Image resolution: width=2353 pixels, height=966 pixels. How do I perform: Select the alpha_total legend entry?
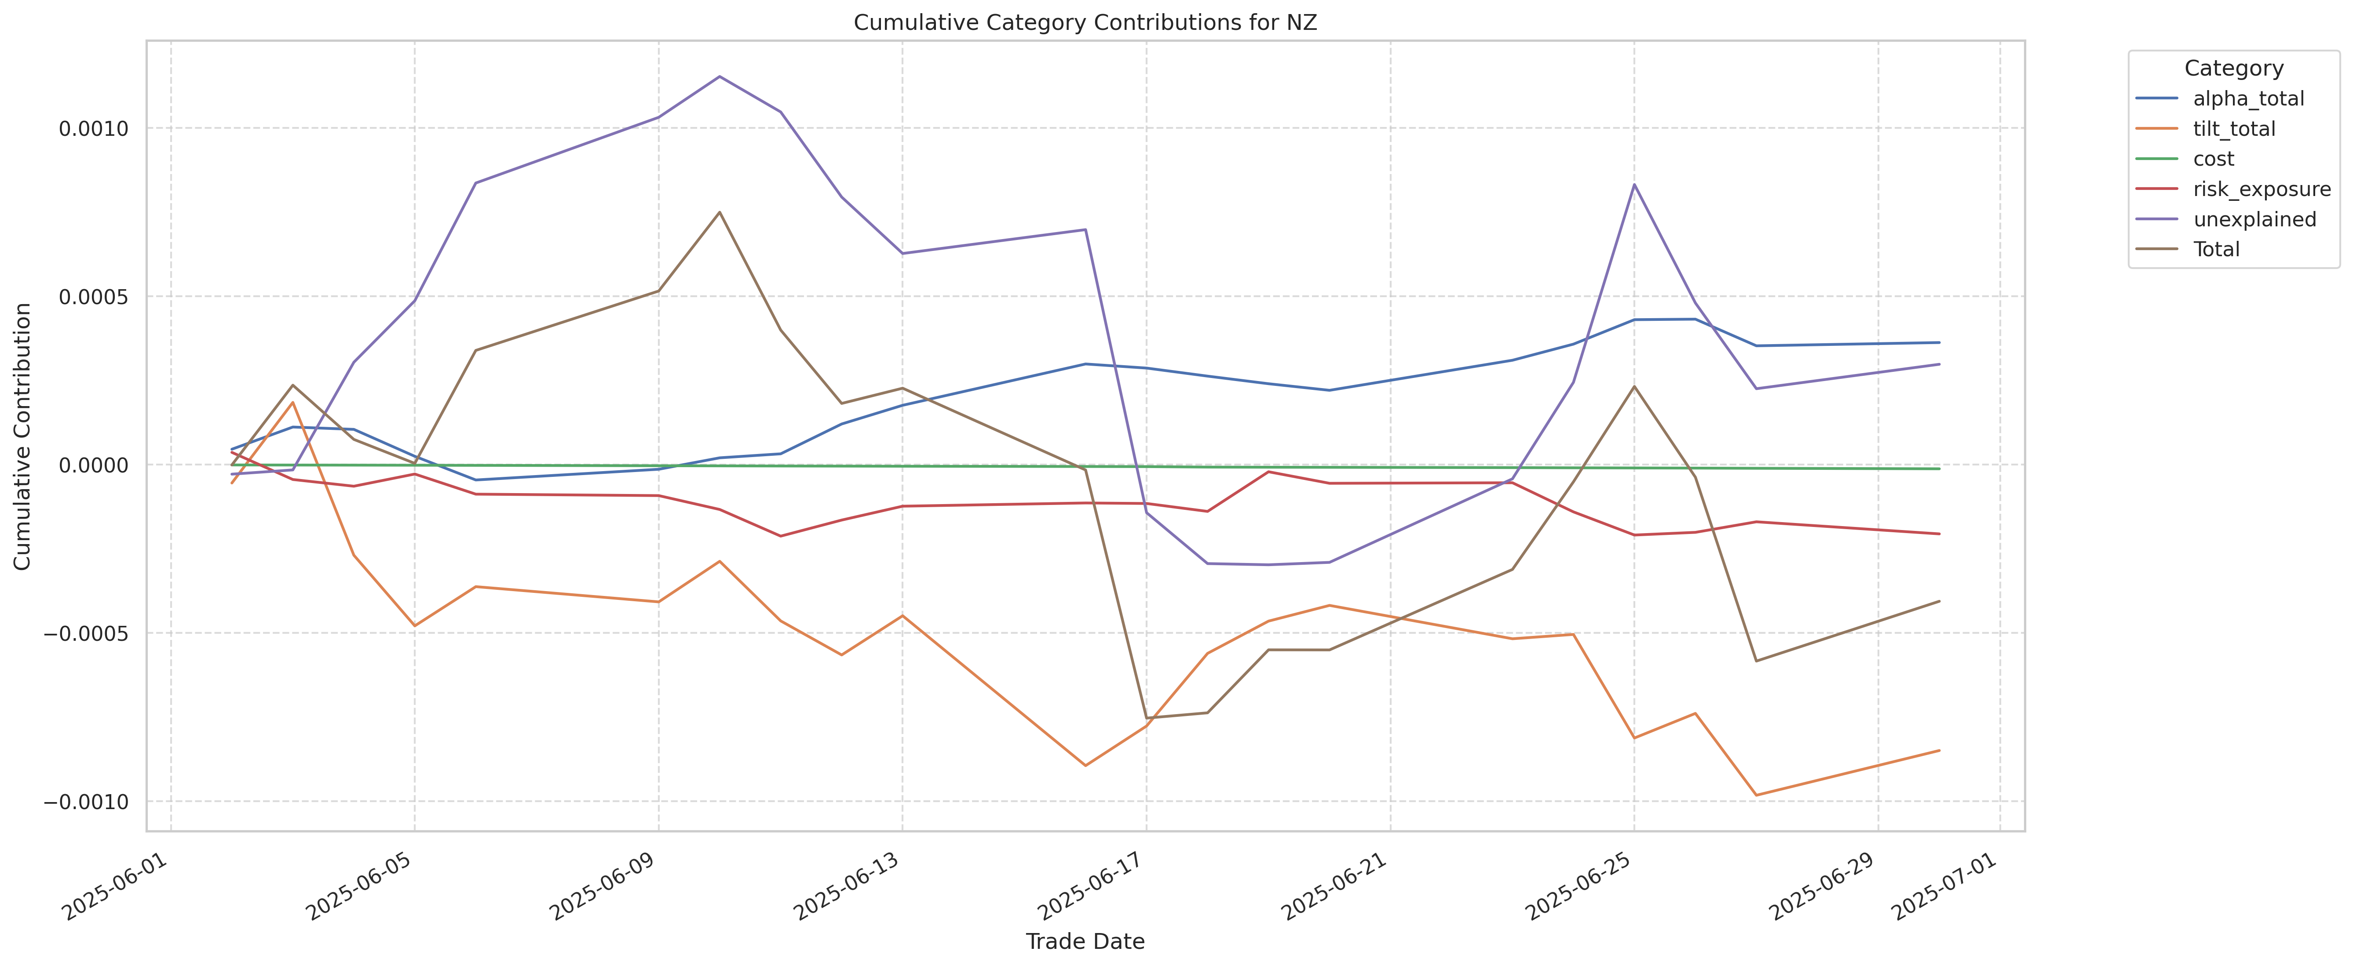point(2248,98)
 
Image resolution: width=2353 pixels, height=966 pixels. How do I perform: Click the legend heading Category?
point(2233,69)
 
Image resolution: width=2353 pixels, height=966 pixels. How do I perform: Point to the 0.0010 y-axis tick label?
point(93,129)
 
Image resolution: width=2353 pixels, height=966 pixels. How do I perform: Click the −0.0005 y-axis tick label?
point(87,634)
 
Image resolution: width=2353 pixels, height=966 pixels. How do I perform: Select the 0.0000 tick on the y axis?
point(93,466)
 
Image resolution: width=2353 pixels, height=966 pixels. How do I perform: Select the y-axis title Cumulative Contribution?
point(23,436)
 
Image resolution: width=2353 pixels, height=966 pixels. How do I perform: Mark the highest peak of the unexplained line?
point(720,77)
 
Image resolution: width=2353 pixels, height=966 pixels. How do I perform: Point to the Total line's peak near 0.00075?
point(720,212)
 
